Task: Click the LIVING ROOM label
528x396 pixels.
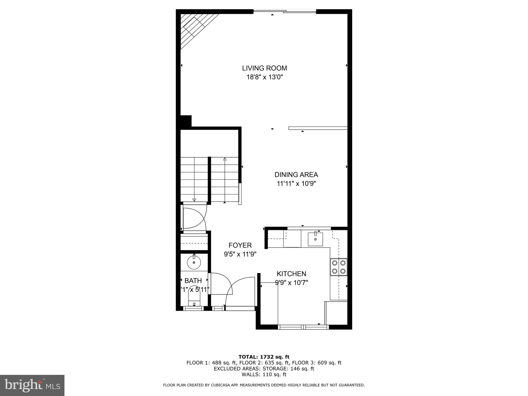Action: [264, 68]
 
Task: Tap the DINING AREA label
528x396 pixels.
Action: [296, 175]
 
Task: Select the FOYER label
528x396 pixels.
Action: [240, 245]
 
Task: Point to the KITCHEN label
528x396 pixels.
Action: [291, 274]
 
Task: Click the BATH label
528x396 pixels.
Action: [193, 280]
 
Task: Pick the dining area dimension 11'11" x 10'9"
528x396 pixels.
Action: [296, 184]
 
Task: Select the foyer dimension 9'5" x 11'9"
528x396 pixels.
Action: [240, 254]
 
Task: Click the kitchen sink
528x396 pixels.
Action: [315, 239]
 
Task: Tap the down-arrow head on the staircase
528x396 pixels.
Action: [194, 200]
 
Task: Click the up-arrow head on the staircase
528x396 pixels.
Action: [225, 159]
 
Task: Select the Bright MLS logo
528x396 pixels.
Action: [32, 385]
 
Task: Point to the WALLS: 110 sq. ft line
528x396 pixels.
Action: [264, 375]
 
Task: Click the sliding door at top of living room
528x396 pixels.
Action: [285, 11]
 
